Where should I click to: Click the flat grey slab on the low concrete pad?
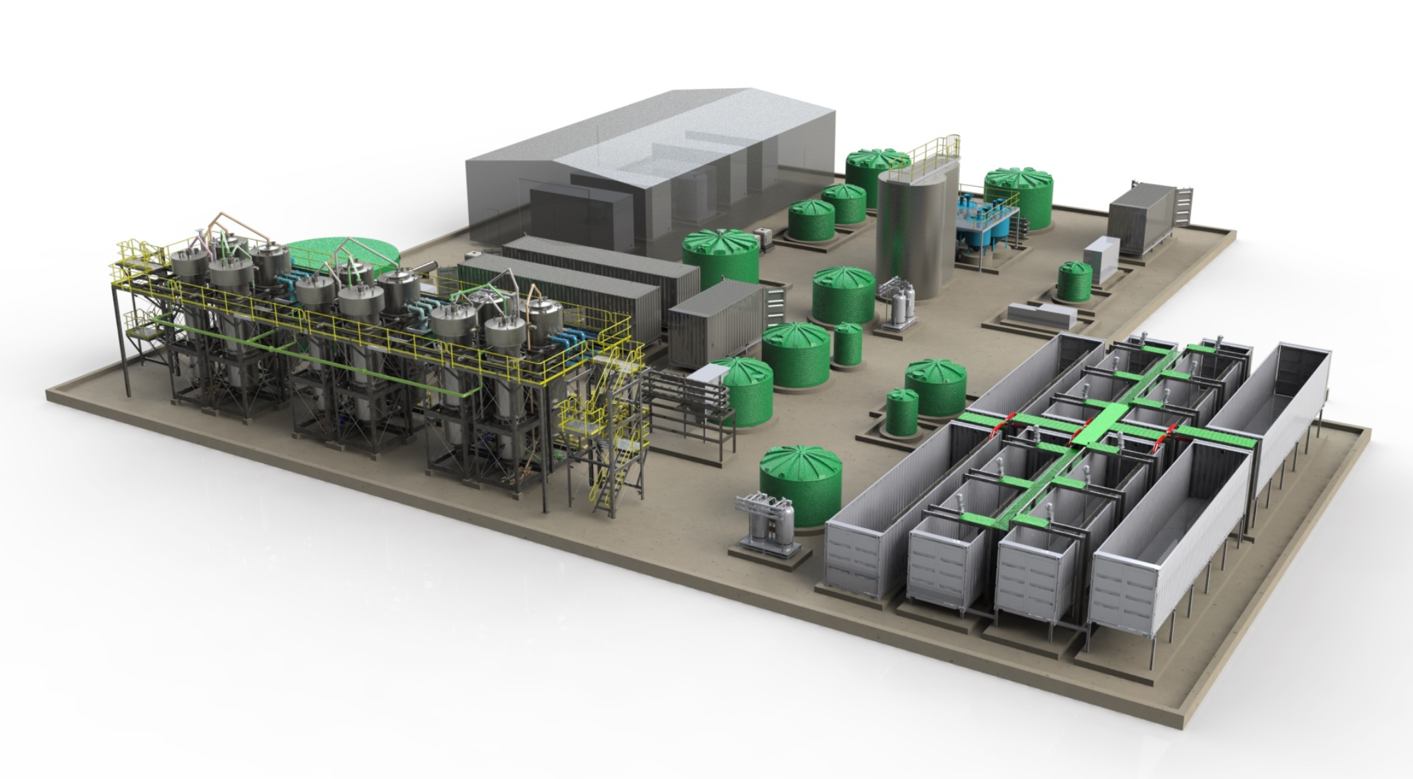(x=1041, y=315)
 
